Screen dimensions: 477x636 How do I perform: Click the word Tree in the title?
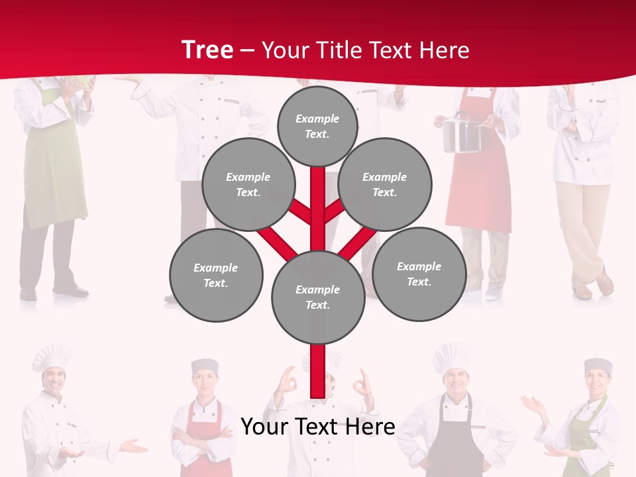click(x=207, y=50)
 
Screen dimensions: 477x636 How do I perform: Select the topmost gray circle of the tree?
click(x=317, y=126)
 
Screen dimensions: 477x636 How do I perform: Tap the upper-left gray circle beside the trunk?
click(x=248, y=184)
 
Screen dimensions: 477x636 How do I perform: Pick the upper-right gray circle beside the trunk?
click(x=385, y=184)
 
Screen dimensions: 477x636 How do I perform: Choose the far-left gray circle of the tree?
click(x=216, y=275)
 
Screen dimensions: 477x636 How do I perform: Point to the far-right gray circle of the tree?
click(x=419, y=274)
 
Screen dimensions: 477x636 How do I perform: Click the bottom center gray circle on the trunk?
click(x=318, y=297)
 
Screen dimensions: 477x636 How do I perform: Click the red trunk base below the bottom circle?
click(x=318, y=371)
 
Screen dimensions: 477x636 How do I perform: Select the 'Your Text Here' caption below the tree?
click(x=318, y=427)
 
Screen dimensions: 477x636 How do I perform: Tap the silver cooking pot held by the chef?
click(x=461, y=134)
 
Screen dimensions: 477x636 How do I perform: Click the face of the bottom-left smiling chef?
click(x=54, y=381)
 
